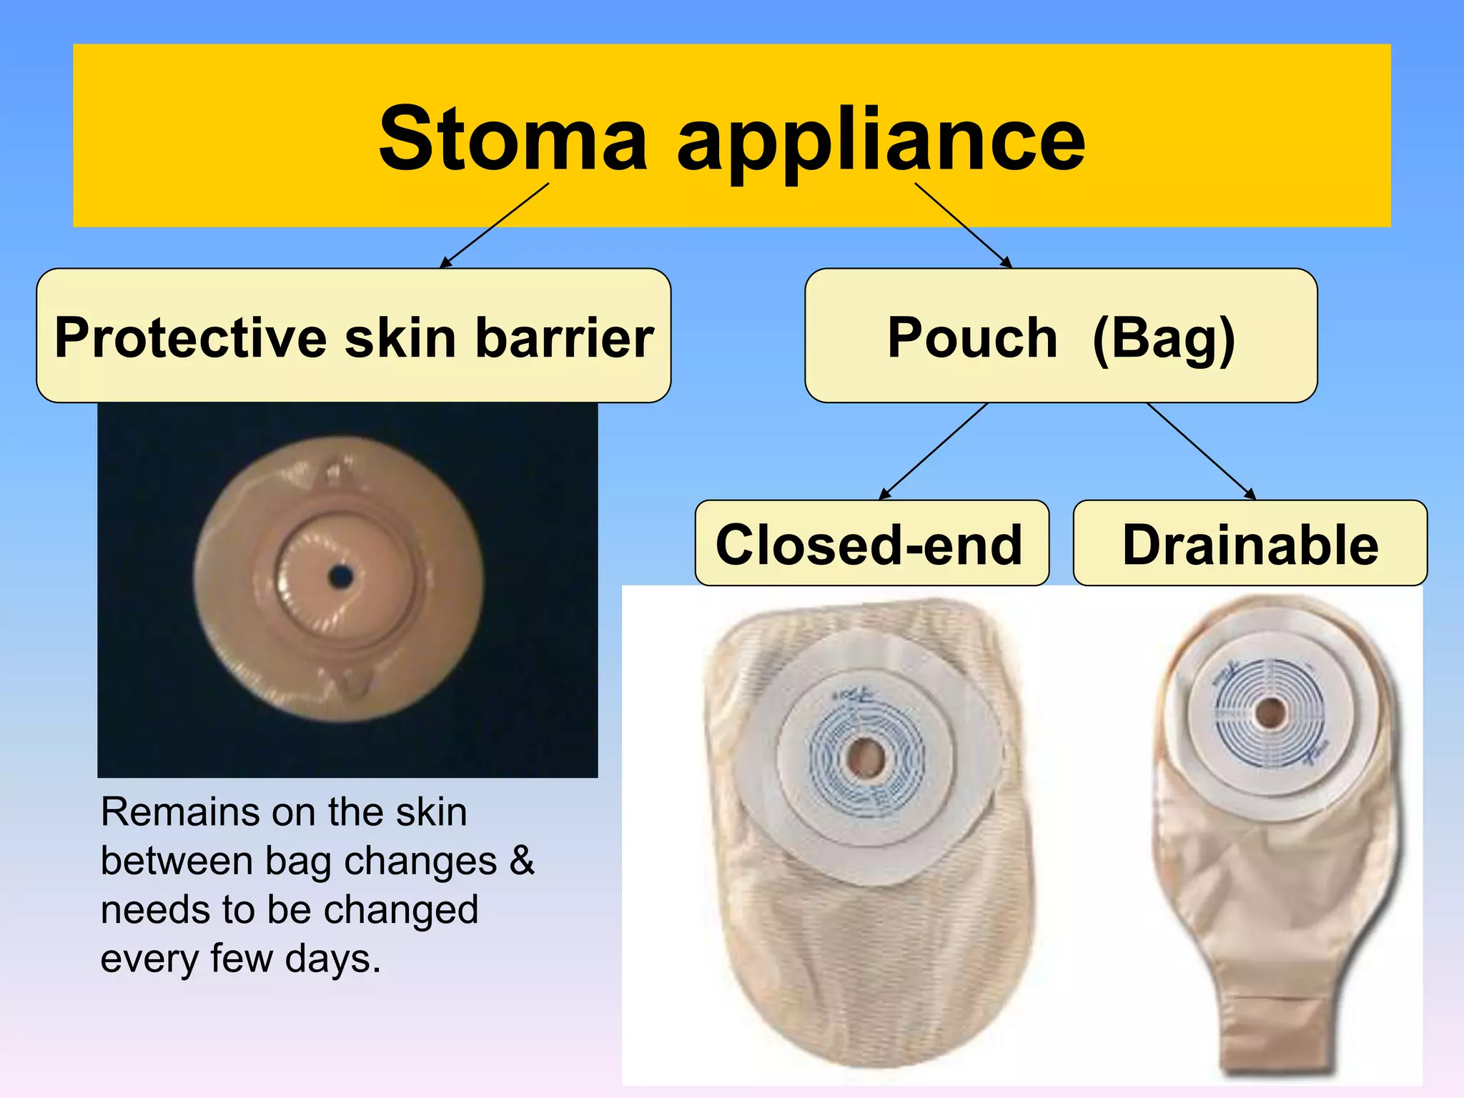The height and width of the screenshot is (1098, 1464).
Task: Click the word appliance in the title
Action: pyautogui.click(x=881, y=142)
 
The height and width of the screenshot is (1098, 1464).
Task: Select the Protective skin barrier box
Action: pyautogui.click(x=353, y=336)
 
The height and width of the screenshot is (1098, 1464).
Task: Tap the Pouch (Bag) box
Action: pyautogui.click(x=1061, y=336)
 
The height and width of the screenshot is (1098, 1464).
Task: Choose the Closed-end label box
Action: pyautogui.click(x=871, y=544)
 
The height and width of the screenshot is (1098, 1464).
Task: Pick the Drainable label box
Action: pyautogui.click(x=1250, y=544)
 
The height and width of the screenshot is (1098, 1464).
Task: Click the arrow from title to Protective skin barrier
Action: pyautogui.click(x=495, y=225)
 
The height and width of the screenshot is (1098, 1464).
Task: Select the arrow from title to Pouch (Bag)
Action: pyautogui.click(x=963, y=225)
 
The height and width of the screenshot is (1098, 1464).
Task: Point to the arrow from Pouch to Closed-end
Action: pyautogui.click(x=934, y=451)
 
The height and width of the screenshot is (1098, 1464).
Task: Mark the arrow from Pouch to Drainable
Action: pyautogui.click(x=1201, y=451)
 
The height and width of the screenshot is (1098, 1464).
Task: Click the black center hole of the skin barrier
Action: pyautogui.click(x=341, y=576)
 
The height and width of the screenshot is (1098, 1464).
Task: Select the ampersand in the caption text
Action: pyautogui.click(x=522, y=861)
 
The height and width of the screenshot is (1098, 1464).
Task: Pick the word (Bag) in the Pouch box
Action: pyautogui.click(x=1164, y=337)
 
